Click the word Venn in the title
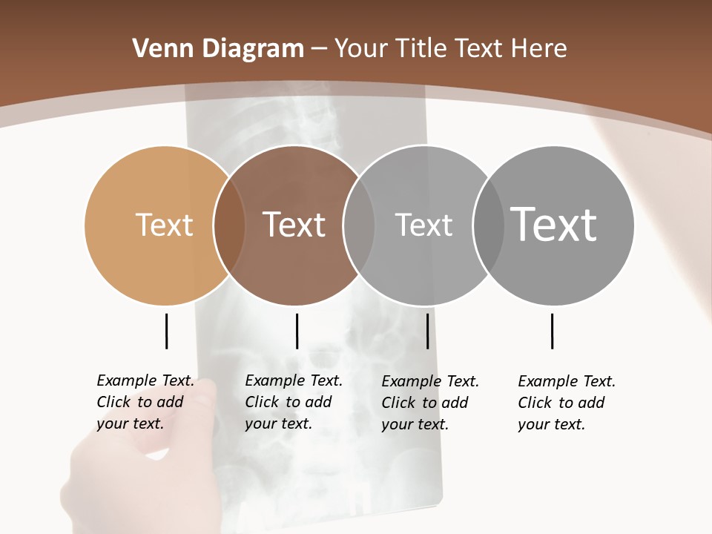159,49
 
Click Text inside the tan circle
164,225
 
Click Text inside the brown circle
294,225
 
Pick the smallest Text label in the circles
423,225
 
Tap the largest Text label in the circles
553,225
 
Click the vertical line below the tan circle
166,331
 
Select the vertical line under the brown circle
297,331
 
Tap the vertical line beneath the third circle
427,331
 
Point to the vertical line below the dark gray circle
552,331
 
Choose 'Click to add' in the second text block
288,402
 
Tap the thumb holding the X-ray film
200,404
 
